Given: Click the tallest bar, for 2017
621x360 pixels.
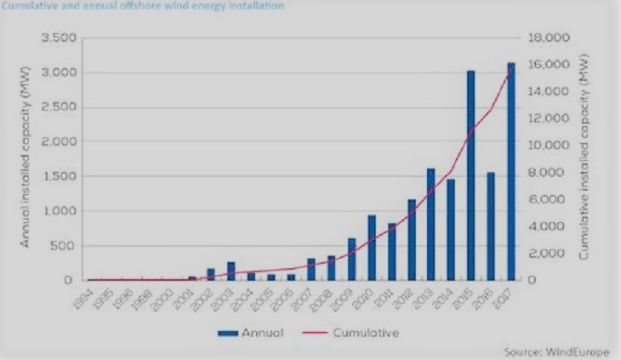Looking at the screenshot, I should [x=511, y=171].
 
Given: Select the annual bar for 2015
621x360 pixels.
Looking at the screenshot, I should [x=470, y=175].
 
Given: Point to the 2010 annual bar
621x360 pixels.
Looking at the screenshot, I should [x=372, y=248].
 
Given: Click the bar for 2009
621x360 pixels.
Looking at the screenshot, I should [x=351, y=259].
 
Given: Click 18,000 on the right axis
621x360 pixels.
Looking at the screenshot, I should [x=548, y=38].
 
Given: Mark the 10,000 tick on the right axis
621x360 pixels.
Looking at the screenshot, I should [x=548, y=146].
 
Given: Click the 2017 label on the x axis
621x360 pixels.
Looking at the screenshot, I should [x=508, y=297].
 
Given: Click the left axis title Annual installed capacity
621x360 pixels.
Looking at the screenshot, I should [x=26, y=160].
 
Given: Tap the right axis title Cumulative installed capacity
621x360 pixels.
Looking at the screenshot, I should [x=586, y=160].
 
